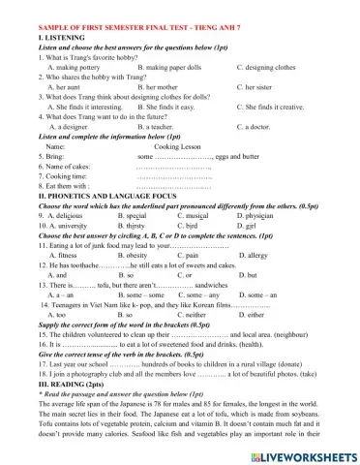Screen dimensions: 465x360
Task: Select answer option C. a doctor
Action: (x=246, y=126)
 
